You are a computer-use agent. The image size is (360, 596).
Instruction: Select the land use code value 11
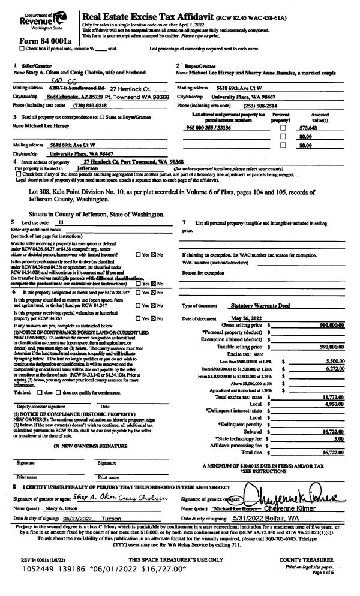click(x=59, y=222)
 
